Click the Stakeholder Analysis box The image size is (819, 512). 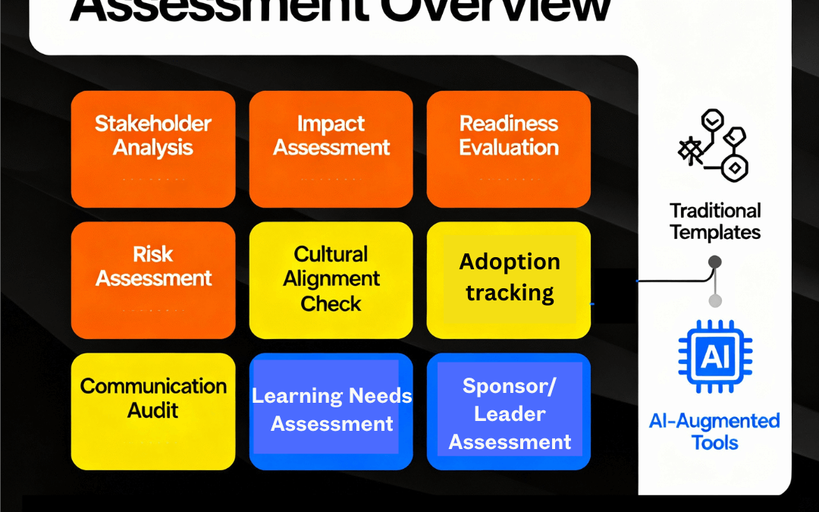coord(153,149)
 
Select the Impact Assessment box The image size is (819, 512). coord(331,149)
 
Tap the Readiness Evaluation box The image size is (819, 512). coord(509,149)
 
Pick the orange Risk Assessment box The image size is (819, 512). coord(153,280)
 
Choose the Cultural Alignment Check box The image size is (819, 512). coord(331,280)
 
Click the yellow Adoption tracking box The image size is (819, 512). coord(509,280)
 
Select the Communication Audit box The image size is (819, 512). coord(153,410)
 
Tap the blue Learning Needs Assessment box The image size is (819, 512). coord(331,410)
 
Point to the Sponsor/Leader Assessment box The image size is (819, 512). coord(509,410)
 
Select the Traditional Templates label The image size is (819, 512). coord(715,221)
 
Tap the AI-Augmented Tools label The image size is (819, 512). coord(714,431)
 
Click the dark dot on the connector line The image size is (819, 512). coord(714,262)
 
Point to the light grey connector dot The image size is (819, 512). coord(714,301)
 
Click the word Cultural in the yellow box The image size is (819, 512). coord(331,253)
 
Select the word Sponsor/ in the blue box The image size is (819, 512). coord(509,385)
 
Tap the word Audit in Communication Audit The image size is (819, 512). coord(153,410)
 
